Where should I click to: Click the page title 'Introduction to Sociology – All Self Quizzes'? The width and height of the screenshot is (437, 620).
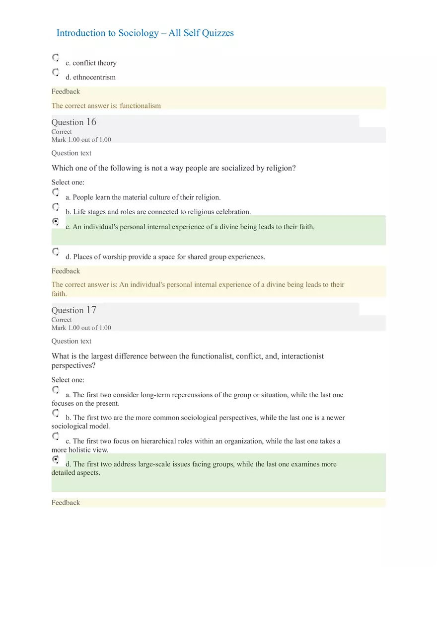[145, 33]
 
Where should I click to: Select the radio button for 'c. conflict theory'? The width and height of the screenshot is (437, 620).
[56, 58]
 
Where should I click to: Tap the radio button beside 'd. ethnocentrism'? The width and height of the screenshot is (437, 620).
[56, 72]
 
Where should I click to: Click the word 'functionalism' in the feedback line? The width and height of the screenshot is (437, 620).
[140, 105]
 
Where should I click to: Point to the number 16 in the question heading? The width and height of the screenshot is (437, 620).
[91, 122]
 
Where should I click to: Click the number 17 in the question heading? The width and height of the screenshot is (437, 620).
[91, 310]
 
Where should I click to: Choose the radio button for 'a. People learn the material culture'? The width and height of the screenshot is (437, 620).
[56, 192]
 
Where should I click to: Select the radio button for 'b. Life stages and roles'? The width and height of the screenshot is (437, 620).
[56, 206]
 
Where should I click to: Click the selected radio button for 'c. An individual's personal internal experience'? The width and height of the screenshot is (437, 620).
[56, 221]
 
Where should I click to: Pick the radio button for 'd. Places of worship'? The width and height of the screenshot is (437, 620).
[56, 252]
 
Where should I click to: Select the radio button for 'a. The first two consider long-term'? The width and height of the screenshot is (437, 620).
[56, 390]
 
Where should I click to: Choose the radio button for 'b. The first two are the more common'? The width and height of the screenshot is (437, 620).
[56, 413]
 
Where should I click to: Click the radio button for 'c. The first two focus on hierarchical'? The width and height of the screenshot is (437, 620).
[56, 436]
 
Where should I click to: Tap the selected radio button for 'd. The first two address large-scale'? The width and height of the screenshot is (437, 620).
[56, 459]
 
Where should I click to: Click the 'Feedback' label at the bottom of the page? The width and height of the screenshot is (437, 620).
[66, 503]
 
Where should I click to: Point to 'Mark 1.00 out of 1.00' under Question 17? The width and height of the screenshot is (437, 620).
[81, 328]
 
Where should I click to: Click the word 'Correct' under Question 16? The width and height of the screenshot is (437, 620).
[62, 132]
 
